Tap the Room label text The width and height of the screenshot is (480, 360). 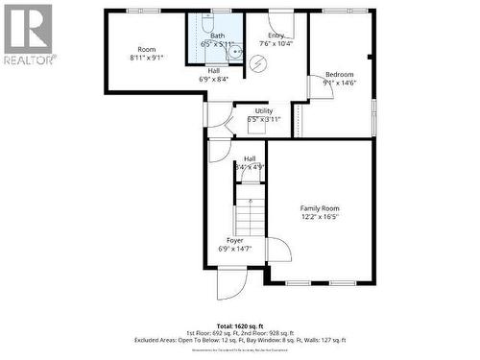point(146,49)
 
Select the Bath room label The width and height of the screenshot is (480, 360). point(218,36)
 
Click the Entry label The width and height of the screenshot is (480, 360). point(276,35)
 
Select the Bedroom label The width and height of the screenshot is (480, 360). point(339,75)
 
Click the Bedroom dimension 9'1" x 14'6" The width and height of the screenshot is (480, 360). point(339,84)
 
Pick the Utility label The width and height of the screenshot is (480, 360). point(264,111)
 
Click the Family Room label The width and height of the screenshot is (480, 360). point(320,208)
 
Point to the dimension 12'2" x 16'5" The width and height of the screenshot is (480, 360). point(320,217)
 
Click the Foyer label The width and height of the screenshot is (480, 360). point(234,240)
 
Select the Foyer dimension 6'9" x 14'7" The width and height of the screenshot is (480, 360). point(234,250)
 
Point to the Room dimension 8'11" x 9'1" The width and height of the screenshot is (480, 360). point(146,58)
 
